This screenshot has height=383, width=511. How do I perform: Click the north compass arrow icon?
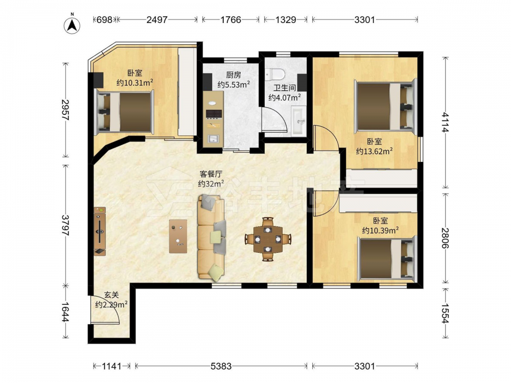73,24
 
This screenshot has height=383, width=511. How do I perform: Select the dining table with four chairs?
268,239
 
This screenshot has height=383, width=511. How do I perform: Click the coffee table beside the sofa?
178,236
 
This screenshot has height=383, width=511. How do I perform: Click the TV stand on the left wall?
100,231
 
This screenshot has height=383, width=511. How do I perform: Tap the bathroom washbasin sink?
299,122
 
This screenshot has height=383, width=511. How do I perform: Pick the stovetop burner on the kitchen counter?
214,114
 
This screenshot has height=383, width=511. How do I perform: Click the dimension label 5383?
221,366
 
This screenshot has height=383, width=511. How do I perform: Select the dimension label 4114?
445,122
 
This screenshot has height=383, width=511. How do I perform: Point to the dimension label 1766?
231,20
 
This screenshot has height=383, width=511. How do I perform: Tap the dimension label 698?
105,20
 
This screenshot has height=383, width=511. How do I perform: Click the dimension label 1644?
65,312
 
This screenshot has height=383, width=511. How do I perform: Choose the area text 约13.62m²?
374,151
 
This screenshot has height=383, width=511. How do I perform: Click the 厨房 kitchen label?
234,75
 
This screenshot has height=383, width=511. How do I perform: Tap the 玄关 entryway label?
111,295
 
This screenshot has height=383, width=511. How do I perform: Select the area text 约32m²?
211,184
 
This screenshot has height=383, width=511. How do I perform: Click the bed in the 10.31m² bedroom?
125,112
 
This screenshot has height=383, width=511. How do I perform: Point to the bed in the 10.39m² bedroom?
387,259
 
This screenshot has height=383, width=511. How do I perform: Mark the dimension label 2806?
445,238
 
